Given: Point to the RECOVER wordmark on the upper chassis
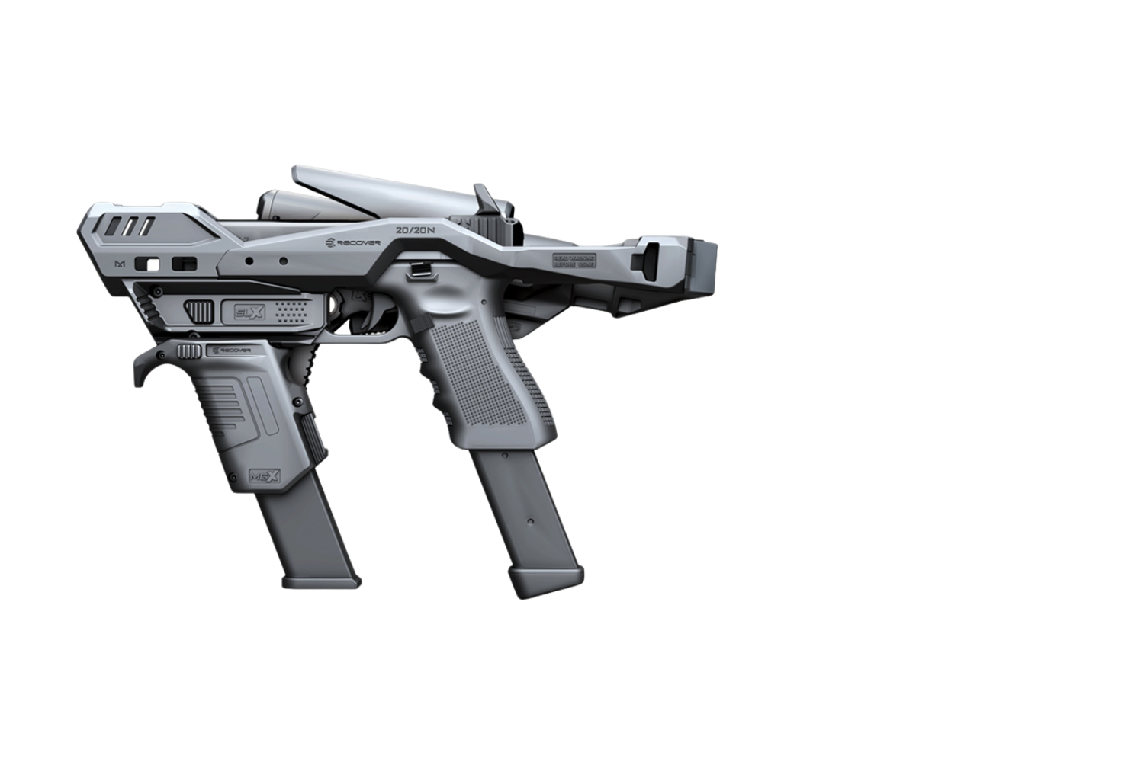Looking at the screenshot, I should click(x=352, y=242).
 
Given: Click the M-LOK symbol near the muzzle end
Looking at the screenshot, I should click(x=119, y=263).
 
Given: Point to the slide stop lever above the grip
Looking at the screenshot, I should click(x=419, y=267).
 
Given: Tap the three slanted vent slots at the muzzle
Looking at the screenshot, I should click(x=130, y=226).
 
